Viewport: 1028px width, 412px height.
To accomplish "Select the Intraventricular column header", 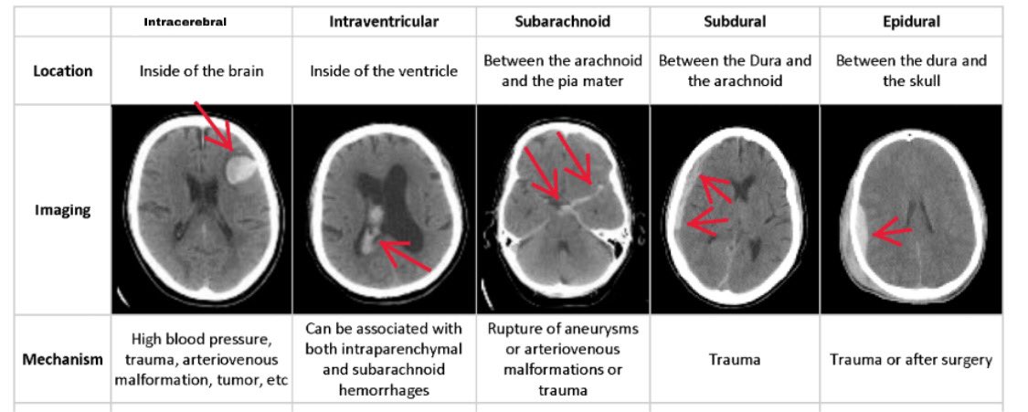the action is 384,22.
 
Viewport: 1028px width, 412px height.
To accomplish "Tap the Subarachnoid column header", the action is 562,22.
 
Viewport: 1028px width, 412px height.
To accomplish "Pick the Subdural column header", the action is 735,22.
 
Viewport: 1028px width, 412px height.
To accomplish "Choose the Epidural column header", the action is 910,22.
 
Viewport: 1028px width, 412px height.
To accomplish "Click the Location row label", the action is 63,70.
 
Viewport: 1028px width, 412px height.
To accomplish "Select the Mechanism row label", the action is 63,359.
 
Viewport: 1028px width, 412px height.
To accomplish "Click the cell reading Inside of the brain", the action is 202,70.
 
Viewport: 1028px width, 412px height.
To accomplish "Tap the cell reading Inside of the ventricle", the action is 384,70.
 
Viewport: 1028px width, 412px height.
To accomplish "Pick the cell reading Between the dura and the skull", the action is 911,70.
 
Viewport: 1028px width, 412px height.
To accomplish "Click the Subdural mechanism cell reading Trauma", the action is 735,359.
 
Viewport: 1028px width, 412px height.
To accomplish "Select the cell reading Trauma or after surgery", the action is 911,359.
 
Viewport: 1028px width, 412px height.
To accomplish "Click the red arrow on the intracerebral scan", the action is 215,127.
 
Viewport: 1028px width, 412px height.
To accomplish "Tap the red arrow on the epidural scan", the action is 893,231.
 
